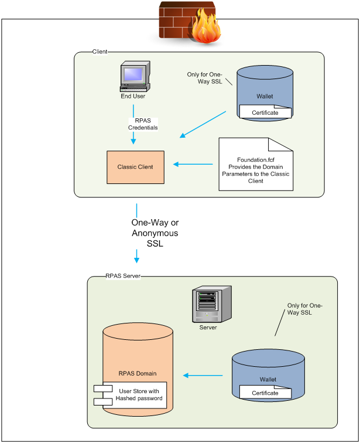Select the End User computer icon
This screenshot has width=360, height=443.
pyautogui.click(x=133, y=77)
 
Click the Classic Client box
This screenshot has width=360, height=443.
pyautogui.click(x=135, y=167)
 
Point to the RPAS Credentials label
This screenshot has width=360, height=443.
pyautogui.click(x=143, y=124)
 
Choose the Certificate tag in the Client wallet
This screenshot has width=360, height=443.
pyautogui.click(x=265, y=112)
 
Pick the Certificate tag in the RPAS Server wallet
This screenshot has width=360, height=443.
pyautogui.click(x=265, y=393)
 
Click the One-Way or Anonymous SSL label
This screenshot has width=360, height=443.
pyautogui.click(x=155, y=233)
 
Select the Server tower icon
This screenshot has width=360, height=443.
pyautogui.click(x=208, y=305)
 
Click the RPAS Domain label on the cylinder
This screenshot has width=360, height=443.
pyautogui.click(x=138, y=373)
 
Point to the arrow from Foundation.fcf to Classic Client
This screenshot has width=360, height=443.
pyautogui.click(x=194, y=163)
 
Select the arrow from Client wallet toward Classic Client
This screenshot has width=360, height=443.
pyautogui.click(x=203, y=124)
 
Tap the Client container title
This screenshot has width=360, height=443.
pyautogui.click(x=100, y=52)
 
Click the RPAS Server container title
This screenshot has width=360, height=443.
pyautogui.click(x=123, y=275)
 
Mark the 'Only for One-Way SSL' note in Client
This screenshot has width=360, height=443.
pyautogui.click(x=205, y=78)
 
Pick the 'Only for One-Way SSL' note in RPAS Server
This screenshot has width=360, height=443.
pyautogui.click(x=304, y=309)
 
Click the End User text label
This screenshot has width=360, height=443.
pyautogui.click(x=133, y=96)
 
